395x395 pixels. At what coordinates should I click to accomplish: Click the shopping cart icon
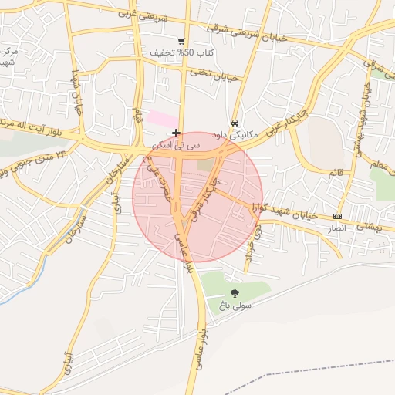[181, 42]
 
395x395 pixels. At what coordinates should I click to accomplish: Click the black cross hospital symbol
[177, 133]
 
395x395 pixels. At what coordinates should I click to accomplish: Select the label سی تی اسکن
[177, 144]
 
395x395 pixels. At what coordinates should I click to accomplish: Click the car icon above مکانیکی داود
[235, 123]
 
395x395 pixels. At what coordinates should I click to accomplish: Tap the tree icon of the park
[235, 292]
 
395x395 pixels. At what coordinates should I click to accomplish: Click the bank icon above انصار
[337, 216]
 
